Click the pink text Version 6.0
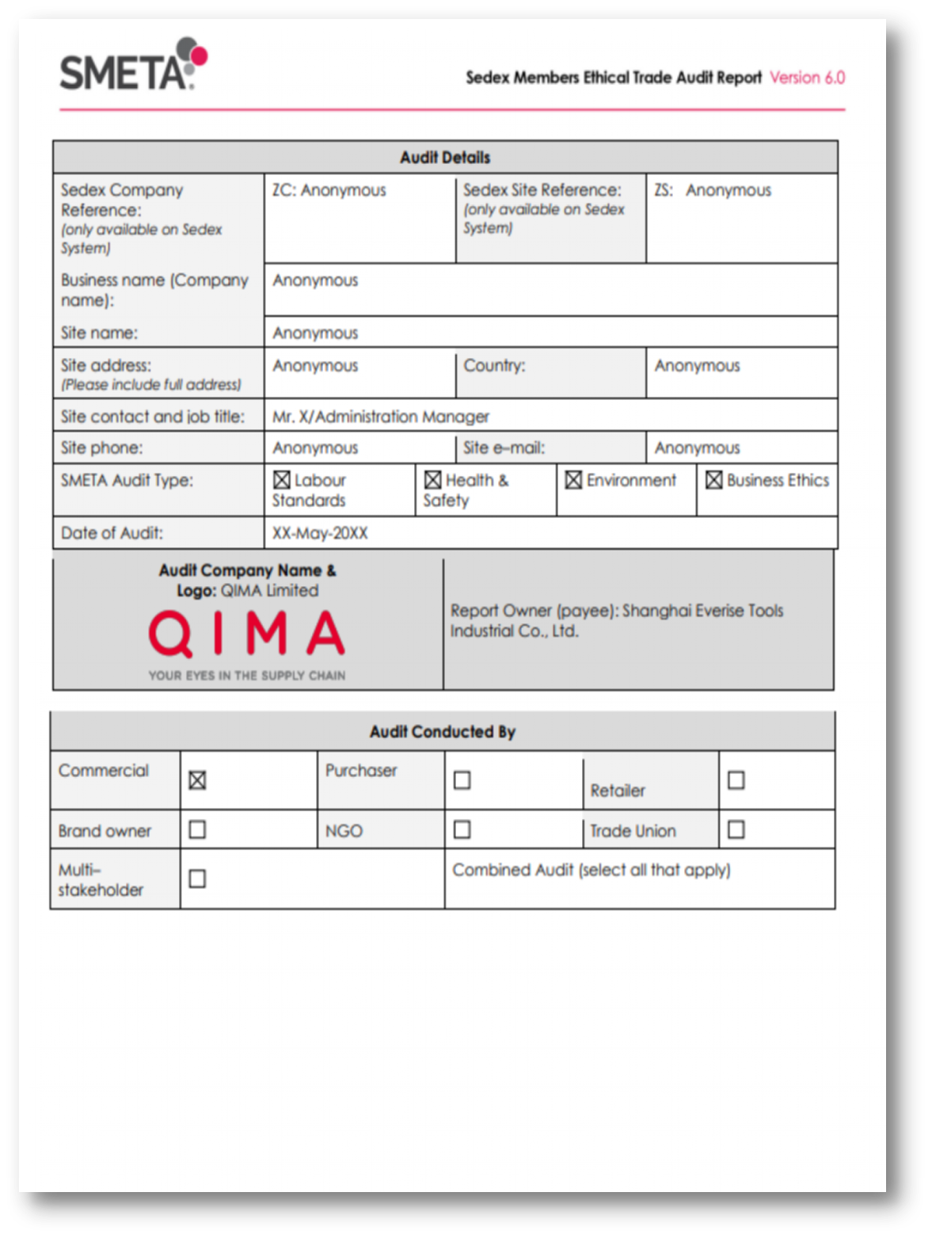coord(807,78)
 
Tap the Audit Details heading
coord(445,158)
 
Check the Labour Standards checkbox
coord(282,480)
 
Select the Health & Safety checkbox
coord(433,480)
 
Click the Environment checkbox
coord(574,480)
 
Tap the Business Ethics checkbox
coord(714,480)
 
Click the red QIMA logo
coord(246,634)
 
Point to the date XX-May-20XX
coord(320,533)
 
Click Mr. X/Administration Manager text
coord(381,417)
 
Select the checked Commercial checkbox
coord(197,780)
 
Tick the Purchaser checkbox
coord(462,780)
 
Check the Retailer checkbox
coord(736,780)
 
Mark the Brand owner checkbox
coord(197,829)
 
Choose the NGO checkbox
coord(462,829)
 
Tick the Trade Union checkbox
coord(736,829)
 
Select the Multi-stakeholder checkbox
coord(197,879)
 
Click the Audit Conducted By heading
coord(443,732)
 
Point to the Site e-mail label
coord(504,448)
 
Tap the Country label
coord(494,366)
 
